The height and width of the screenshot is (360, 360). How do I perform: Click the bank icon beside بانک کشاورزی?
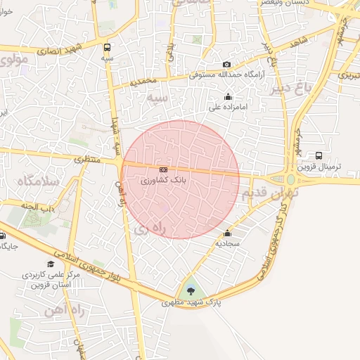(163, 169)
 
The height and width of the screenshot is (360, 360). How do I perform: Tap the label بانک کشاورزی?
(163, 181)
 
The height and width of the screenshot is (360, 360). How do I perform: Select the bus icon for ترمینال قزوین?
(319, 156)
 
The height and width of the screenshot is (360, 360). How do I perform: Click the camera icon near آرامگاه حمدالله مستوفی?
(226, 65)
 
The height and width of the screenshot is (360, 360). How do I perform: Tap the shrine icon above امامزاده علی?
(227, 97)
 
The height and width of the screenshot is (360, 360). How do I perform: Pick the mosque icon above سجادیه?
(227, 234)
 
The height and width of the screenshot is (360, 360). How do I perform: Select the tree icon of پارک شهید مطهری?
(191, 291)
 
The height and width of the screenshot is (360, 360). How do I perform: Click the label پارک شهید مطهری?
(188, 303)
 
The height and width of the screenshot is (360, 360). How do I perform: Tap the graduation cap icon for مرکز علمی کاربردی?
(50, 263)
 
